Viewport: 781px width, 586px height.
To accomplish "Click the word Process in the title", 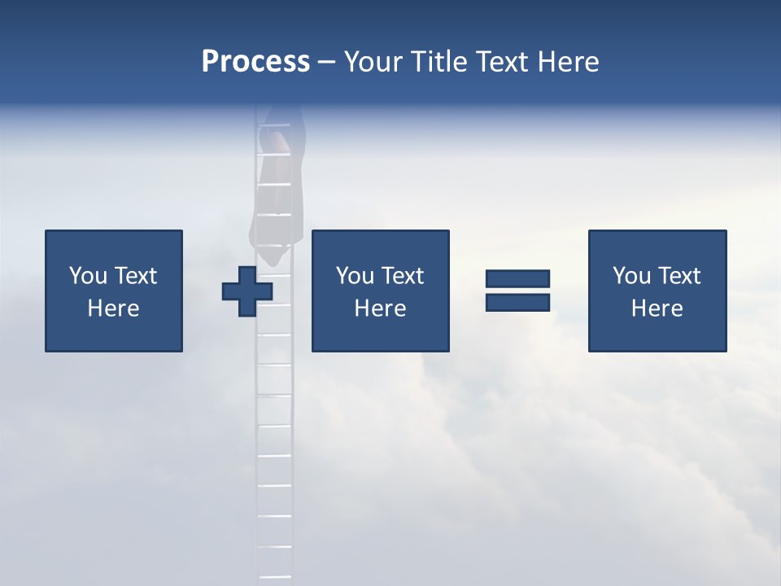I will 255,62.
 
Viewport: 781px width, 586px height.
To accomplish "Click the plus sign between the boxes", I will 247,291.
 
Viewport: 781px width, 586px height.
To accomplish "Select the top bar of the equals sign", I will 517,278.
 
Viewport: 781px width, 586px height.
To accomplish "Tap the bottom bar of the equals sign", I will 517,302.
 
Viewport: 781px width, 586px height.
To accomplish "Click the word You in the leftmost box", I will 89,276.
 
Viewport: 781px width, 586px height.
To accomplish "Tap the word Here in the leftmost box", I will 113,308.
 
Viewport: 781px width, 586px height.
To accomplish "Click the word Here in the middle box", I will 380,308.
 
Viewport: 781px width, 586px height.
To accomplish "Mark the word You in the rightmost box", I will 632,276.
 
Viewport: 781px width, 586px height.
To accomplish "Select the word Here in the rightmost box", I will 657,308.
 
